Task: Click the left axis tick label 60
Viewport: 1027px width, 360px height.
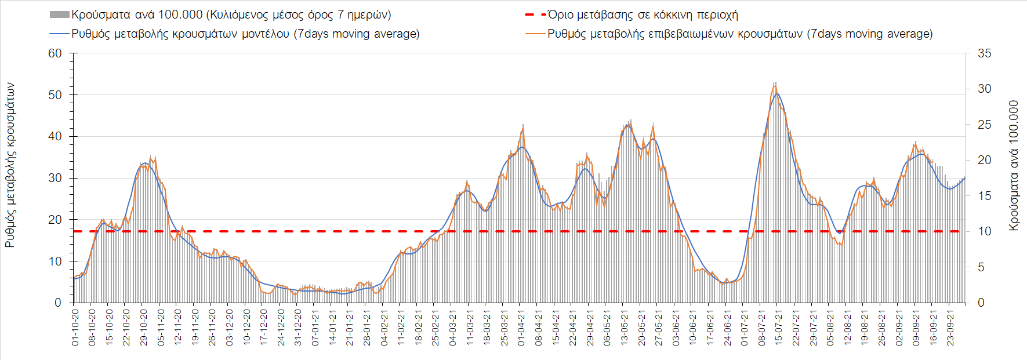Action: coord(55,53)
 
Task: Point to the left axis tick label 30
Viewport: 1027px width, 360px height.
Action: coord(55,178)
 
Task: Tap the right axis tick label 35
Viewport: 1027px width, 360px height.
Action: coord(984,53)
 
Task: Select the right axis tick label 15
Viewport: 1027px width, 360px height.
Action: coord(984,196)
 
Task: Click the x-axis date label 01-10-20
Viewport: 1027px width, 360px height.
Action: coord(75,328)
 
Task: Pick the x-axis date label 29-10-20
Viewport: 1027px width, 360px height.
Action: coord(144,328)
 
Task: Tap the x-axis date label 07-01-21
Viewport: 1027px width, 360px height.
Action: coord(315,328)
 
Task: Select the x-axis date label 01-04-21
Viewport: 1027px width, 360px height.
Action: coord(521,328)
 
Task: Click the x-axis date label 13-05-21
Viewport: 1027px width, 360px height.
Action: coord(625,328)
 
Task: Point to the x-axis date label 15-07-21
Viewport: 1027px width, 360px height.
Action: coord(779,328)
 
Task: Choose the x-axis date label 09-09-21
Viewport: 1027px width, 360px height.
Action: coord(916,328)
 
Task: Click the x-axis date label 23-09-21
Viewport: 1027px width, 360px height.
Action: coord(950,328)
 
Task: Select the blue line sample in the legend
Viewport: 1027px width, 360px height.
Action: coord(60,34)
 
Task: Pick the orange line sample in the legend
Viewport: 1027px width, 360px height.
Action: coord(535,34)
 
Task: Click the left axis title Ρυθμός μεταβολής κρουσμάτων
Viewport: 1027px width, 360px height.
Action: coord(10,165)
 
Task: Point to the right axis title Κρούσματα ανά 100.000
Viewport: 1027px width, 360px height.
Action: coord(1014,166)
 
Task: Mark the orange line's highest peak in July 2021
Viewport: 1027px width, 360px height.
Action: coord(775,86)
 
